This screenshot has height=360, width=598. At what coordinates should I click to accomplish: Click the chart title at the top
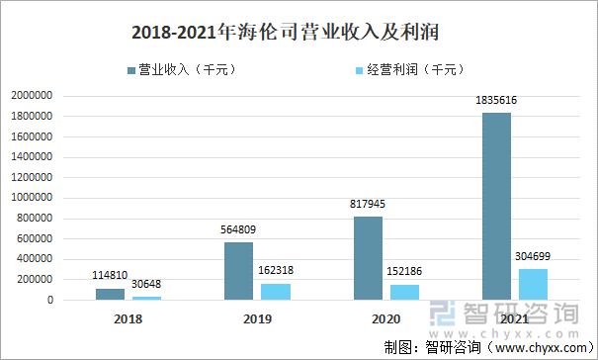(x=299, y=31)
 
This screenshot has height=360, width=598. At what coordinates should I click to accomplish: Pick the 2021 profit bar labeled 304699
(x=533, y=284)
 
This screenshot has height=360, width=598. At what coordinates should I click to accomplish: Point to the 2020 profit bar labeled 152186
(x=404, y=292)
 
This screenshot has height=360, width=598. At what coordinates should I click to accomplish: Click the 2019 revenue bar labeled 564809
(x=238, y=271)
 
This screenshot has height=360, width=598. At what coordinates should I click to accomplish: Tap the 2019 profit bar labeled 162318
(x=275, y=291)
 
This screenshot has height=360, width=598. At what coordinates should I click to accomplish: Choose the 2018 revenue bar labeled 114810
(x=110, y=294)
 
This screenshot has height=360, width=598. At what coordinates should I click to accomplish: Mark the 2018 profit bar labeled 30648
(x=146, y=298)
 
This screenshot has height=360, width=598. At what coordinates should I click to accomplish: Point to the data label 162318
(x=275, y=270)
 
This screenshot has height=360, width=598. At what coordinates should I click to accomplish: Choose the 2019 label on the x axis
(x=257, y=319)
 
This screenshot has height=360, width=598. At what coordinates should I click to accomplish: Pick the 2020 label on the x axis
(x=385, y=319)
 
